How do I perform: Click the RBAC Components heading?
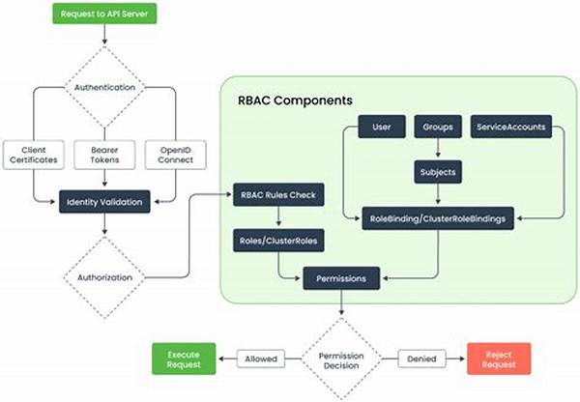[296, 100]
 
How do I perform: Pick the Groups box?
[438, 128]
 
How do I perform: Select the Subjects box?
[438, 172]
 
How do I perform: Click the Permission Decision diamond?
[342, 359]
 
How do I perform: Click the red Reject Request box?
[500, 359]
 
